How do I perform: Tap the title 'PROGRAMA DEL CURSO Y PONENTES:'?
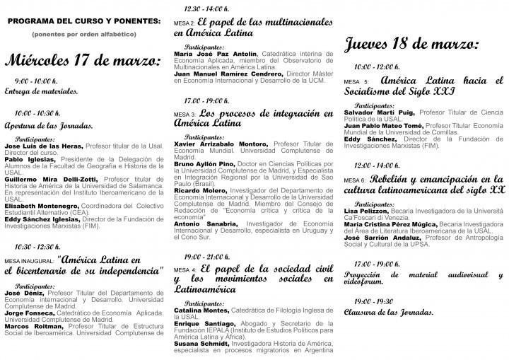(84, 21)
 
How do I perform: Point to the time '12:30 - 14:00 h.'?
(207, 8)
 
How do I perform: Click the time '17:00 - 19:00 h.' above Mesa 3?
(207, 100)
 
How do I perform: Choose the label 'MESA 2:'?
(184, 23)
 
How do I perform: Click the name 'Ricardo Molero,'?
(196, 190)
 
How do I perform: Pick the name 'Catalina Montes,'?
(201, 310)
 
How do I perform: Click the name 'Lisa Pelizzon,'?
(368, 211)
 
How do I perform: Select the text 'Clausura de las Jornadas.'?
(388, 312)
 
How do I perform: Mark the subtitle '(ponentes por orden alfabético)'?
(84, 33)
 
